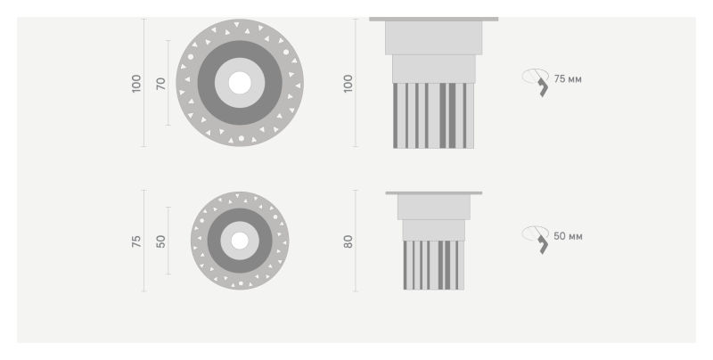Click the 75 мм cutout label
pyautogui.click(x=568, y=79)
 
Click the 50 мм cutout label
pyautogui.click(x=568, y=236)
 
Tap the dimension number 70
pyautogui.click(x=161, y=84)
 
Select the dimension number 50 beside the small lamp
pyautogui.click(x=161, y=241)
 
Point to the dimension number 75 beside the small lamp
pyautogui.click(x=136, y=241)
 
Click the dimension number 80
pyautogui.click(x=348, y=241)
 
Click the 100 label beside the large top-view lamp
pyautogui.click(x=136, y=84)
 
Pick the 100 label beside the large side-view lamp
pyautogui.click(x=348, y=84)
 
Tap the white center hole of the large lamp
pyautogui.click(x=240, y=83)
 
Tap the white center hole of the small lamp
pyautogui.click(x=240, y=241)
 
